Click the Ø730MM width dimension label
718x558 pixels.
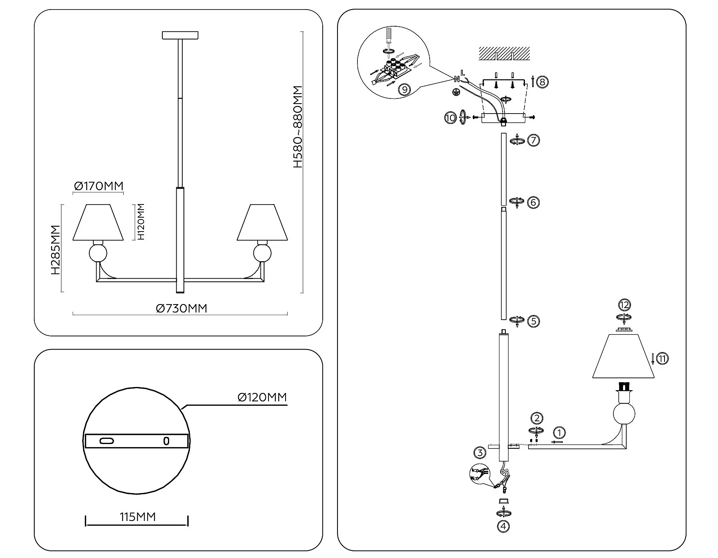(181, 308)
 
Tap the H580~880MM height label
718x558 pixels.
(298, 127)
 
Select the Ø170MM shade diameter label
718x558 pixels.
(99, 186)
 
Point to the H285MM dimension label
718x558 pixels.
(55, 250)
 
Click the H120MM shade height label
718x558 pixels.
(140, 222)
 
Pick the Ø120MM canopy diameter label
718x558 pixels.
(262, 397)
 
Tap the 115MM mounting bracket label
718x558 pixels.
(138, 517)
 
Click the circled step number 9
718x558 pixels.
(404, 89)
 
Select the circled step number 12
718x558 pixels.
(624, 305)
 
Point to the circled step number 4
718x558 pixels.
(503, 526)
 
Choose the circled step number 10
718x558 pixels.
(450, 118)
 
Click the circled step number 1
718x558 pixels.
(559, 432)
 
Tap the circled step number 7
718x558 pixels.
(533, 140)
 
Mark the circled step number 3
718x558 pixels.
(480, 452)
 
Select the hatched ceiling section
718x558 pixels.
(504, 53)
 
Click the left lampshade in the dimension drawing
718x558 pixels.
(98, 223)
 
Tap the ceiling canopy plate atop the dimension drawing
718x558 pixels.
(180, 35)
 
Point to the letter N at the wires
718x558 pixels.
(456, 79)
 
